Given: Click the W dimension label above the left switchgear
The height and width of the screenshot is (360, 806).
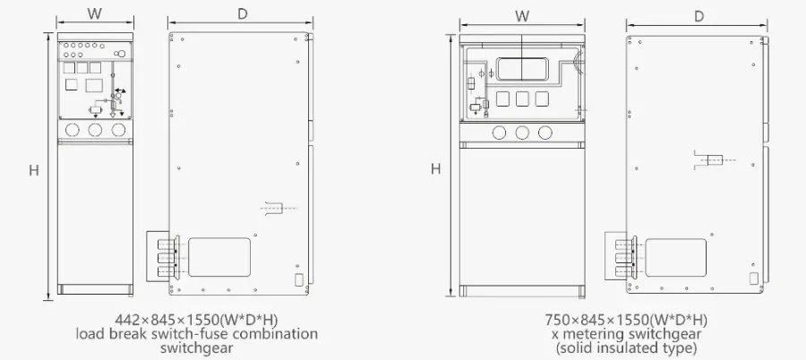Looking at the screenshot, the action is point(94,14).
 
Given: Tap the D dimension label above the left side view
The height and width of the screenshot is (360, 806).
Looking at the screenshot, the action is point(242,14).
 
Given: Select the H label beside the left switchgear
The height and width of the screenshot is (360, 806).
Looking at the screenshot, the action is point(34,170).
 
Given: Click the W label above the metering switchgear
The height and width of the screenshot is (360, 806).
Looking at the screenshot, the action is point(522,16).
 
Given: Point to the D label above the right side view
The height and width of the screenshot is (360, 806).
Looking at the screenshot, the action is point(699,16).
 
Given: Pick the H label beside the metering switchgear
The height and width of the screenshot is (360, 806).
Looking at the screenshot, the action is point(436,168).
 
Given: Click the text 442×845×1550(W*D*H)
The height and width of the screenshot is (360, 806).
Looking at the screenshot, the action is point(197,320).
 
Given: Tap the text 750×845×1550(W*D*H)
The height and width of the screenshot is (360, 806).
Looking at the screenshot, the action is point(626,320).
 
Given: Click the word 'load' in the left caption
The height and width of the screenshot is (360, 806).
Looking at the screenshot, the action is point(90,334).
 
